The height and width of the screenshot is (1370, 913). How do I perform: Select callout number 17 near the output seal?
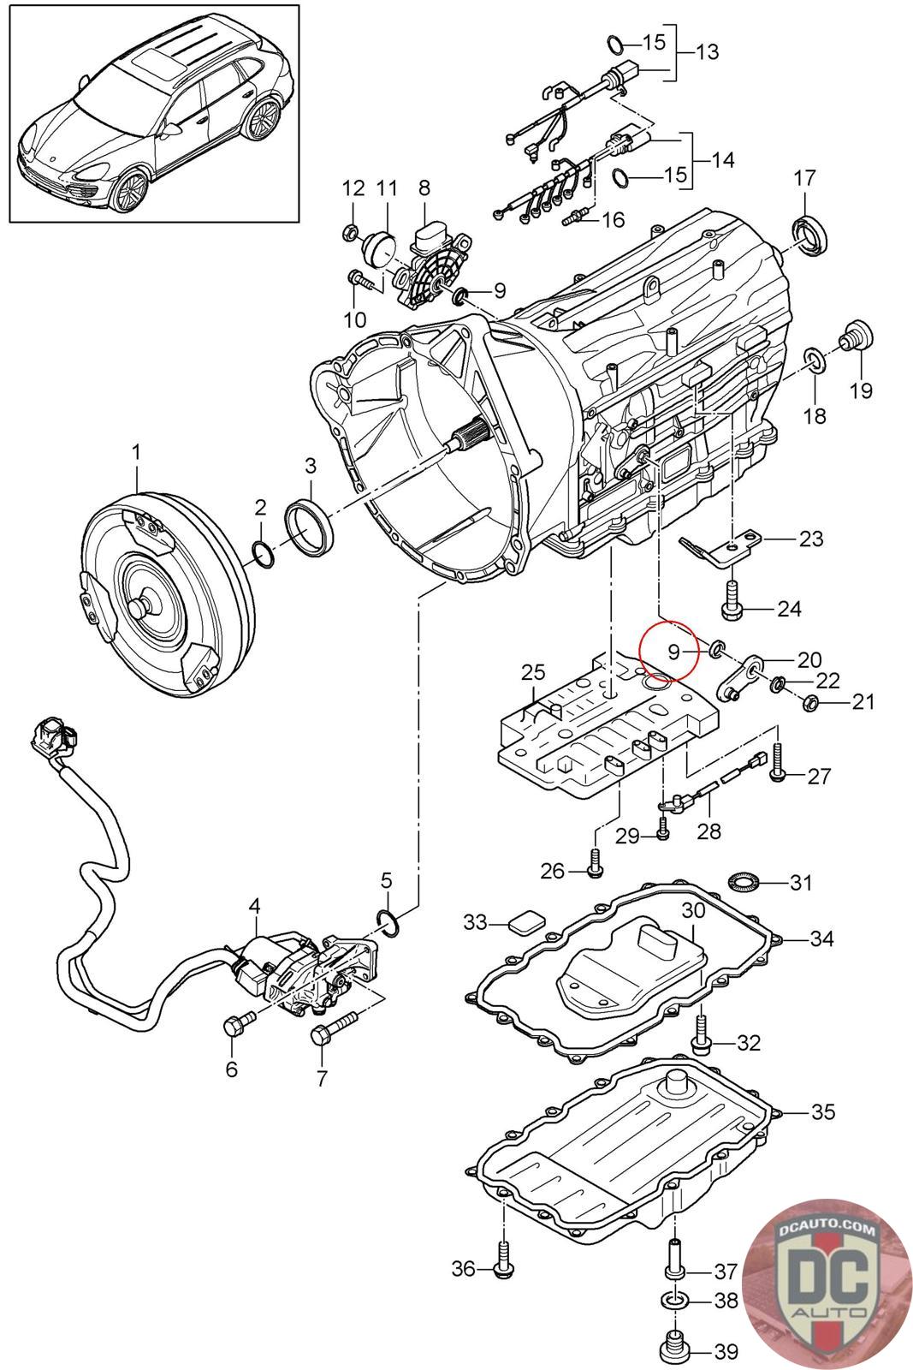click(x=805, y=178)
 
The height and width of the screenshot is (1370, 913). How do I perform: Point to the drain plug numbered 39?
click(x=677, y=1349)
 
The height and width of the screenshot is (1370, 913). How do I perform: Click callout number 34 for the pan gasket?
click(x=821, y=938)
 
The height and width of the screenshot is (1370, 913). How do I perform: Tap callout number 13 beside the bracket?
click(x=707, y=52)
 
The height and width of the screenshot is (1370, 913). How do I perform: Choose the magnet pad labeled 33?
click(x=525, y=923)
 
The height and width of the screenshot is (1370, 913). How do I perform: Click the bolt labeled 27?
click(x=777, y=762)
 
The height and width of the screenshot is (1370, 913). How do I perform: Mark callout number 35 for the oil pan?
click(x=822, y=1112)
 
